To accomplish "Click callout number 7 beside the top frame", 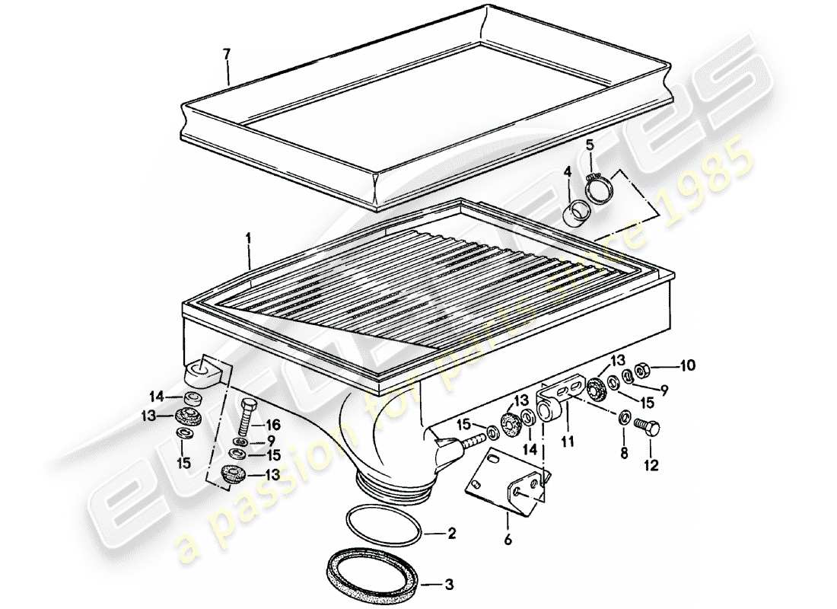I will [225, 53].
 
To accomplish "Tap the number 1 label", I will [248, 239].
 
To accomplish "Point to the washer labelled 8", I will [624, 416].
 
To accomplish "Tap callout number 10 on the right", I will [687, 365].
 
